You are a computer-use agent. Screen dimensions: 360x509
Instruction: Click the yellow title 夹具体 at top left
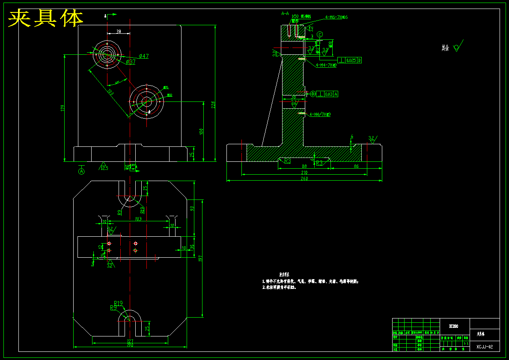(46, 18)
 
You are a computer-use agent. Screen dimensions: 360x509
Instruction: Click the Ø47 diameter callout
(143, 56)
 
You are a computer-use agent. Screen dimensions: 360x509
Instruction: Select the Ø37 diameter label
(131, 62)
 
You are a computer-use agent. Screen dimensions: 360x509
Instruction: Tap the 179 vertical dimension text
(63, 108)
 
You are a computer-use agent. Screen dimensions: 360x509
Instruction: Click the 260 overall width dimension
(304, 179)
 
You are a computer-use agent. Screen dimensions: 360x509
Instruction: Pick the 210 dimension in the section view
(304, 173)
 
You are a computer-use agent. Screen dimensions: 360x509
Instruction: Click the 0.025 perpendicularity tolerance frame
(350, 60)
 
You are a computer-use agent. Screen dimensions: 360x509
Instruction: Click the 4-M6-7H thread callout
(336, 18)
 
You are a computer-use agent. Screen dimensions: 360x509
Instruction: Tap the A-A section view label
(286, 14)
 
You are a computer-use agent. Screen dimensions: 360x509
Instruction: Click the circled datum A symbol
(81, 171)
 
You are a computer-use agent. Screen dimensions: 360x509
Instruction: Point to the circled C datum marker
(320, 34)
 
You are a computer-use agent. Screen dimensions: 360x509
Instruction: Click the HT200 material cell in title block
(453, 326)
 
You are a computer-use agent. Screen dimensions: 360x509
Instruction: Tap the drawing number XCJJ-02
(485, 347)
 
